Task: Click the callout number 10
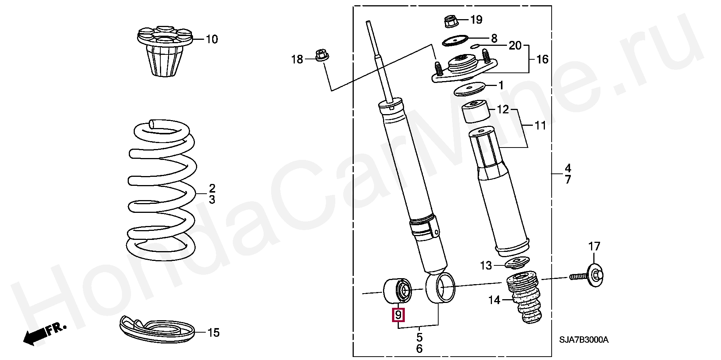pyautogui.click(x=212, y=39)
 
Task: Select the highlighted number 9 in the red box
pyautogui.click(x=398, y=314)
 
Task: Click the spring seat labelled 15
pyautogui.click(x=158, y=327)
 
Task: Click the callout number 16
pyautogui.click(x=542, y=59)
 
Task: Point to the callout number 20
pyautogui.click(x=515, y=46)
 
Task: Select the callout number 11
pyautogui.click(x=540, y=125)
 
